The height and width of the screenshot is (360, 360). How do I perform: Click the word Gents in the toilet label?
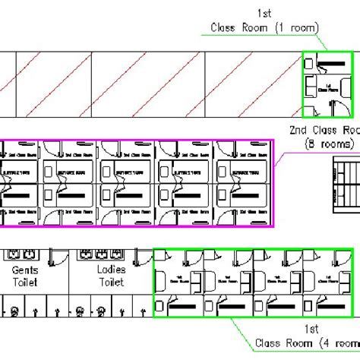[25, 270]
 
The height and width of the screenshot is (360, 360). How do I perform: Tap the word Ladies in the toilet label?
[111, 270]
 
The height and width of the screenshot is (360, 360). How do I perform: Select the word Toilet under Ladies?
[111, 282]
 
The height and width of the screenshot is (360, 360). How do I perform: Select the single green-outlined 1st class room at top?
[327, 84]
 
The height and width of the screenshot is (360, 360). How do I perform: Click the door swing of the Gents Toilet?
[57, 261]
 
